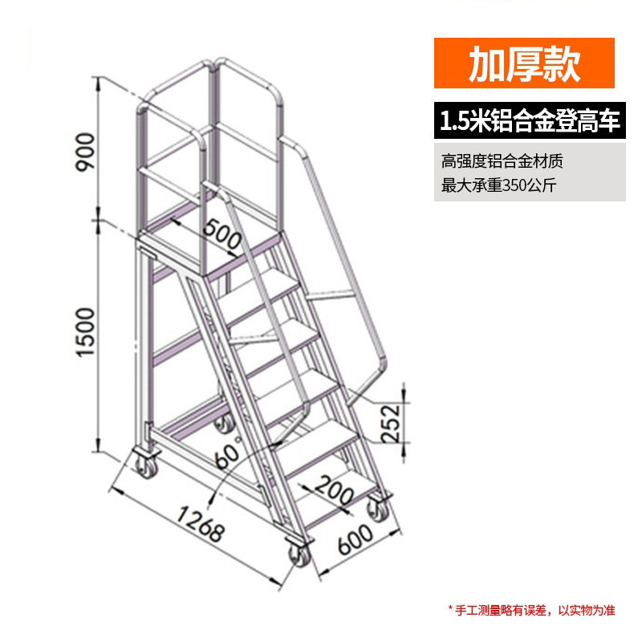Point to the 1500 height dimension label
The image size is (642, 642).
[x=87, y=333]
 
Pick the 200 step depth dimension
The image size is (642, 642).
[x=332, y=490]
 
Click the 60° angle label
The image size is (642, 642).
[x=230, y=458]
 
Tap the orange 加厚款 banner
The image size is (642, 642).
[x=525, y=64]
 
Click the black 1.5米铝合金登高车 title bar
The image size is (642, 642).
[x=530, y=122]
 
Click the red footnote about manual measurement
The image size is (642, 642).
[x=530, y=611]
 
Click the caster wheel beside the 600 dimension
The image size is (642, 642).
[x=376, y=509]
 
